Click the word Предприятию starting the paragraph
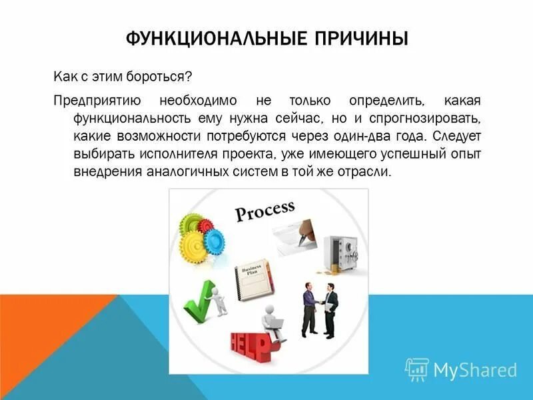[97, 101]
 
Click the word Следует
[456, 136]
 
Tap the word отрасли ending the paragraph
[363, 171]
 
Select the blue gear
[215, 240]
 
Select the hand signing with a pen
[303, 230]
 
